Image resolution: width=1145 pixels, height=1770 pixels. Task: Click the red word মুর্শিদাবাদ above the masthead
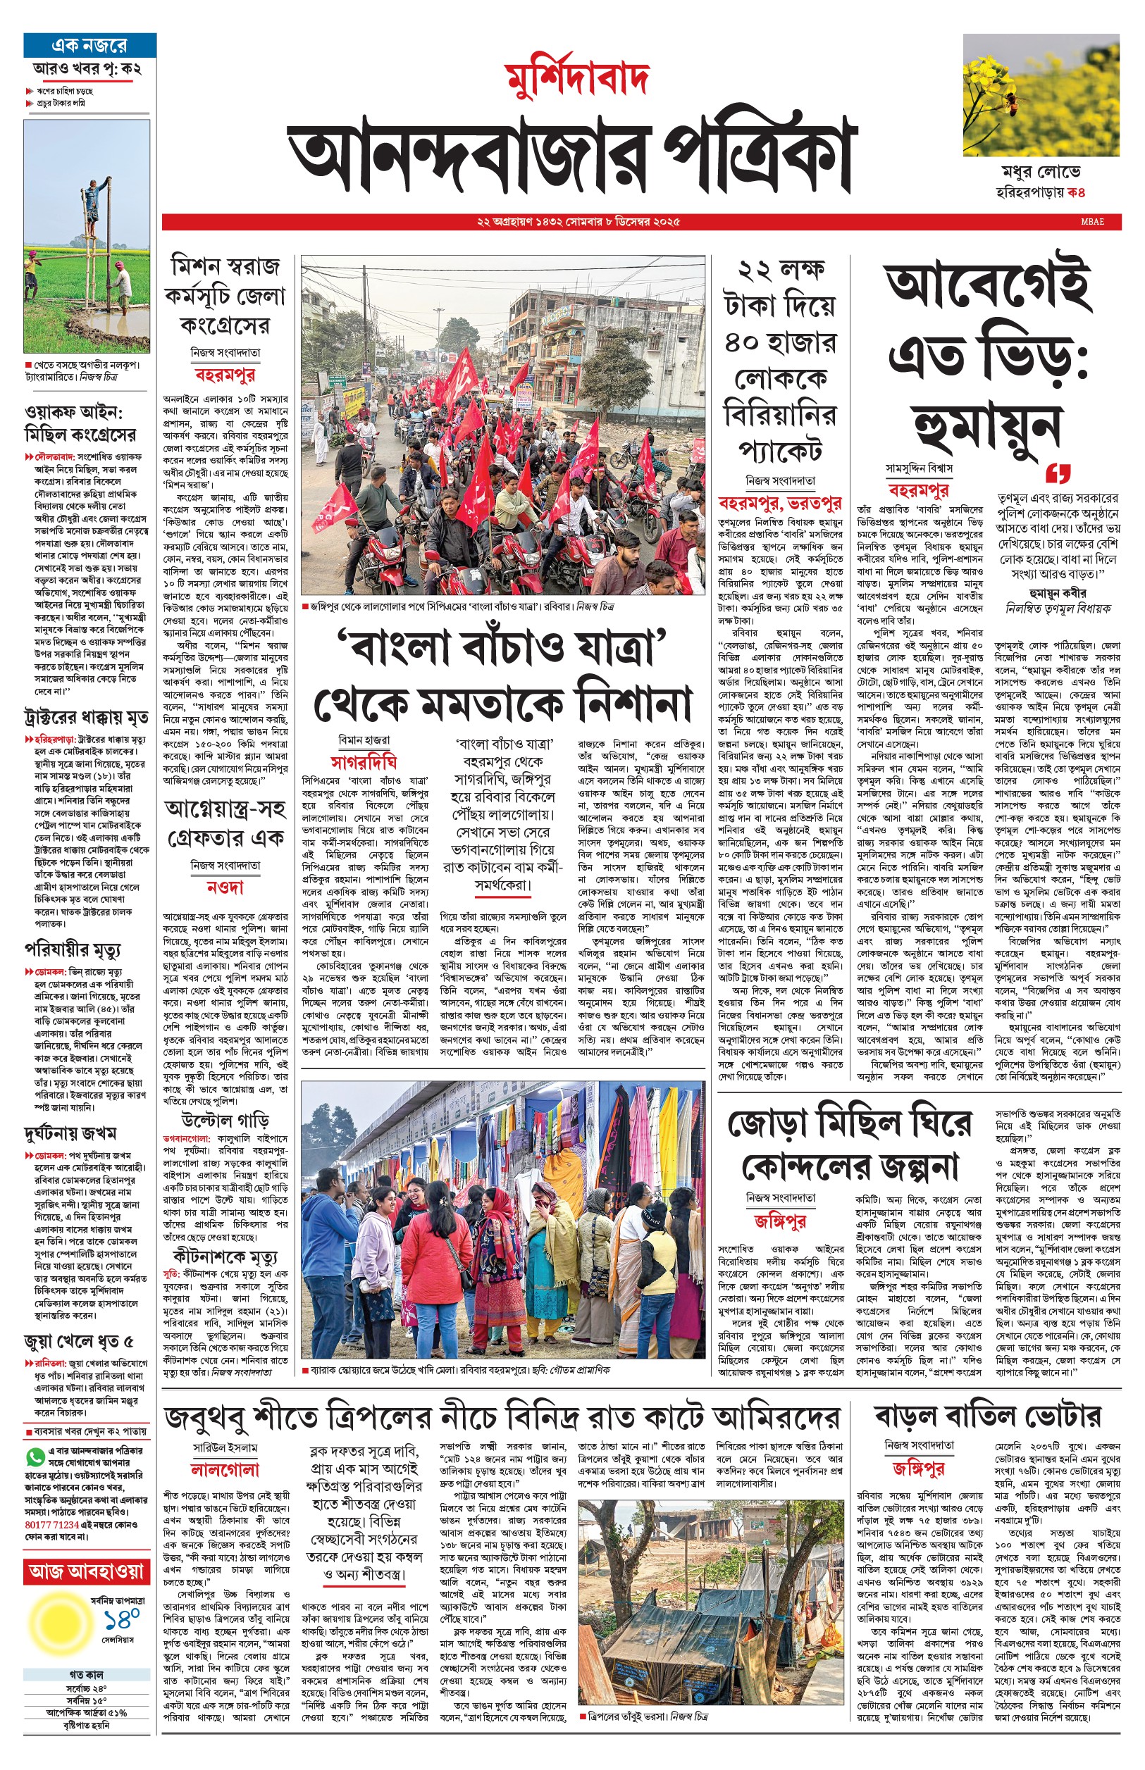point(577,77)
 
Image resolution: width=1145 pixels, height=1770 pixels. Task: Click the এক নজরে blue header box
point(89,45)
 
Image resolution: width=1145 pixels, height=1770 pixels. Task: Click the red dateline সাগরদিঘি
point(364,761)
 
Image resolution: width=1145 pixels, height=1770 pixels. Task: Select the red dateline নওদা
point(225,887)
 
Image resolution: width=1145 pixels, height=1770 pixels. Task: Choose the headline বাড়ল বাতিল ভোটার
point(986,1416)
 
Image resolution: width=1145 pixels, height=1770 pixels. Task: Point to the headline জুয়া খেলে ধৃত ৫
point(79,1341)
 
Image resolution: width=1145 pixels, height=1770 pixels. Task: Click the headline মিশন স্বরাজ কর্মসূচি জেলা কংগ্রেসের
point(225,296)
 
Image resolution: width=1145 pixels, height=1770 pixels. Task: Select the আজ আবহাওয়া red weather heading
point(86,1571)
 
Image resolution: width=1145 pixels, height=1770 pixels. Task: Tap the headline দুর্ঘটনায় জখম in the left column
point(70,1133)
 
